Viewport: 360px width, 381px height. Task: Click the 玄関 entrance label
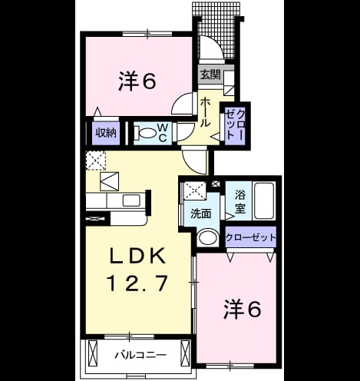tap(210, 75)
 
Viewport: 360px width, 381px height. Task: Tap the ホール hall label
tap(205, 113)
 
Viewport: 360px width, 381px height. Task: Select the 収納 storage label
tap(106, 133)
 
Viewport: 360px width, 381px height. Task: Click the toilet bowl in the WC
tap(145, 133)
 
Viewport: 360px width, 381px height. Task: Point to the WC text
tap(163, 133)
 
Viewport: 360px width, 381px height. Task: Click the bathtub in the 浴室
tap(264, 200)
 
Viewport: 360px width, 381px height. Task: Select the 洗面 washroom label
tap(201, 214)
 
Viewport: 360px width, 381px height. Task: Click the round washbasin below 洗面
tap(208, 237)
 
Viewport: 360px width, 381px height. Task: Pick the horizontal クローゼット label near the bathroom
tap(250, 237)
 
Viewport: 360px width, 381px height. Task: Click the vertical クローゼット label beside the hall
tap(236, 124)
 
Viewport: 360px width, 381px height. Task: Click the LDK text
tap(137, 257)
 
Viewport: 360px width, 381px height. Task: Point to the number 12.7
tap(138, 283)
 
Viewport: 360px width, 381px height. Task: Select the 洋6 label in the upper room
tap(137, 81)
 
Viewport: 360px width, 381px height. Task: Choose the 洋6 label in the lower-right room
tap(243, 310)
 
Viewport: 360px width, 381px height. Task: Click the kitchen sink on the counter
tap(131, 200)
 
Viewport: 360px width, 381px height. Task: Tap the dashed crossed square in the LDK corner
tap(96, 161)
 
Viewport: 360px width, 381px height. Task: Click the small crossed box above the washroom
tap(216, 184)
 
